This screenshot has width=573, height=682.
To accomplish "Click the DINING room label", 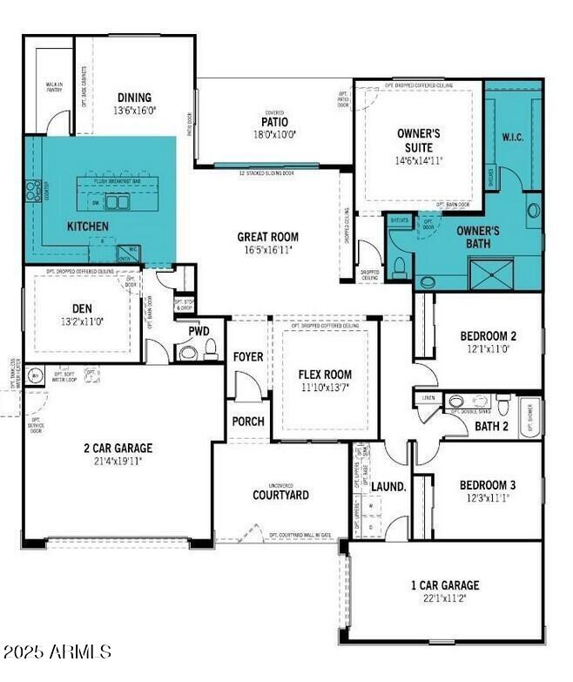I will (134, 98).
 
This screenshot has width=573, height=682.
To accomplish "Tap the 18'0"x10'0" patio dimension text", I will (274, 135).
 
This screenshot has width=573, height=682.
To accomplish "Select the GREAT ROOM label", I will (268, 236).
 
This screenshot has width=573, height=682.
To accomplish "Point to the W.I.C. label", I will (512, 137).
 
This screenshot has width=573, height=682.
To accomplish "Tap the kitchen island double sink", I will (115, 202).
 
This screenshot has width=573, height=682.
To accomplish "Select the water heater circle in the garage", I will (37, 376).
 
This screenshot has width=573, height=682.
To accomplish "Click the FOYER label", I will (248, 357).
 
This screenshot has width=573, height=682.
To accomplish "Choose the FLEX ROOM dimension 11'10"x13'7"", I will (326, 388).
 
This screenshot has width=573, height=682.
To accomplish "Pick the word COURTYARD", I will (280, 495).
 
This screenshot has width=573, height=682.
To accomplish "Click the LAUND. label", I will (389, 487).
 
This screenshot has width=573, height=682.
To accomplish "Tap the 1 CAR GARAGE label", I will (445, 585).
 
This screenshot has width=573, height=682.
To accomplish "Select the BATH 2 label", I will (491, 426).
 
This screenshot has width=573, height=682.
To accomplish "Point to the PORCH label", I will (248, 422).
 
